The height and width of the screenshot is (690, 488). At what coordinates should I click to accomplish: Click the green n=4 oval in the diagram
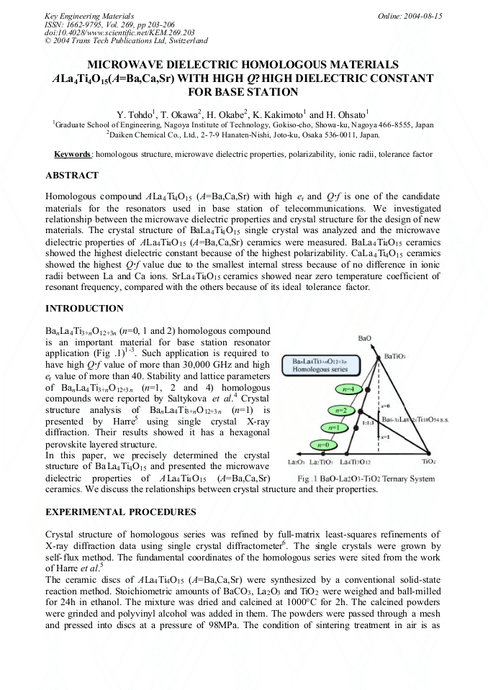coord(348,389)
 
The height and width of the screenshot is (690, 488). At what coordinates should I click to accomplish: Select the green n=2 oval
coord(341,410)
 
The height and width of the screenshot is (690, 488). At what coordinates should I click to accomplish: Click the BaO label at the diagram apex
coord(365,338)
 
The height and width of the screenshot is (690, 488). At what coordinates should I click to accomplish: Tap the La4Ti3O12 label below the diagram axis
coord(355,461)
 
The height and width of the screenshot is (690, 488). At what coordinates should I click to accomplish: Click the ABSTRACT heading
coord(72,176)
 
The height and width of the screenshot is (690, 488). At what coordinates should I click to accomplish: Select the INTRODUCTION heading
coord(84,309)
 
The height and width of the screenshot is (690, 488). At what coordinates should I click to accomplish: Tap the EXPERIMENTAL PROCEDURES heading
coord(120,512)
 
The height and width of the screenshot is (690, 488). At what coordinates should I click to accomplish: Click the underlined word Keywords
coord(73,154)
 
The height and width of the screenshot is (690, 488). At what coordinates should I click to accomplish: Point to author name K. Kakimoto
coord(276,114)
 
